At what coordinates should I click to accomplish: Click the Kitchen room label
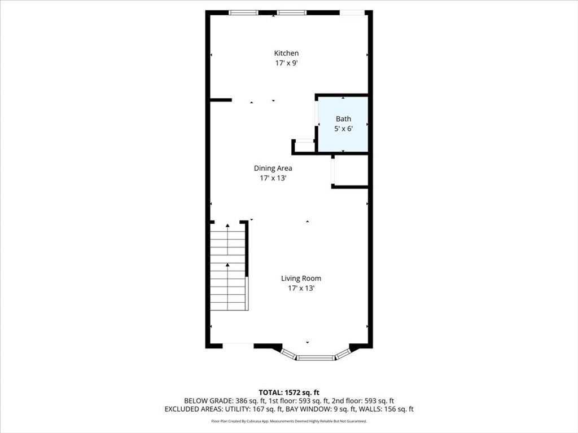(x=286, y=54)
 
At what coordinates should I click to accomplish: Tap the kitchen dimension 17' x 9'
(x=286, y=64)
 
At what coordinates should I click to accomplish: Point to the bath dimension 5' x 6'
(x=343, y=129)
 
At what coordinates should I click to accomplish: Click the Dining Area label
(x=273, y=168)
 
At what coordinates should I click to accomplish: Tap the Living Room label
(x=301, y=278)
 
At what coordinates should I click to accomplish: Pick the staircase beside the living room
(x=228, y=266)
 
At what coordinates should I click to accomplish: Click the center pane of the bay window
(x=316, y=357)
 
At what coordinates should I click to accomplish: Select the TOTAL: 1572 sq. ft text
(x=289, y=392)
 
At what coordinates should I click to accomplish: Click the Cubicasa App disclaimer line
(x=289, y=421)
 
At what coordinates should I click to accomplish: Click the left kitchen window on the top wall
(x=243, y=12)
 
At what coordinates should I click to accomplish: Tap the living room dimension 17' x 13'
(x=301, y=288)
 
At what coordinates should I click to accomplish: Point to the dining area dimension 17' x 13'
(x=273, y=178)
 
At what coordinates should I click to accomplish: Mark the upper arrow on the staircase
(x=227, y=227)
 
